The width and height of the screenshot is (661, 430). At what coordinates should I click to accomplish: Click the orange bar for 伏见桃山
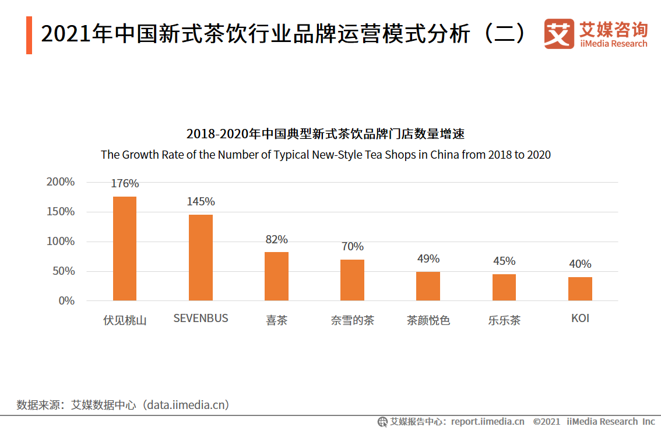[x=125, y=249]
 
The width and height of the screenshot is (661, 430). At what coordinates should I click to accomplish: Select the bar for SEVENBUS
[x=201, y=258]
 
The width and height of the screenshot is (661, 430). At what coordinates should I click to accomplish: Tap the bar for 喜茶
[x=276, y=276]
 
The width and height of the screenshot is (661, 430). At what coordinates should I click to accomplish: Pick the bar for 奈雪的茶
[x=352, y=280]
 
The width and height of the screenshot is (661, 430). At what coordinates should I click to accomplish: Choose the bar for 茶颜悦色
[x=428, y=286]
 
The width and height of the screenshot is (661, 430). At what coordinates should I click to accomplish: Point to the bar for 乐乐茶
[x=504, y=287]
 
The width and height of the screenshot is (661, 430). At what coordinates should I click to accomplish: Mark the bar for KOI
[x=580, y=289]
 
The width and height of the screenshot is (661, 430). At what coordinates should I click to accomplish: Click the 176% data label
[x=125, y=184]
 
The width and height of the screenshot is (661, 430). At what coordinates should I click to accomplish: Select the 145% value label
[x=201, y=202]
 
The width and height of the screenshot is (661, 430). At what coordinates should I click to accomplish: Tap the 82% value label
[x=276, y=240]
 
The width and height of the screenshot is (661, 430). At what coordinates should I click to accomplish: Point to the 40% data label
[x=580, y=264]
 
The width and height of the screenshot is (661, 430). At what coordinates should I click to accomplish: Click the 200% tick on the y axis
[x=61, y=182]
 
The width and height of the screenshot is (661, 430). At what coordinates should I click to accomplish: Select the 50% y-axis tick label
[x=64, y=271]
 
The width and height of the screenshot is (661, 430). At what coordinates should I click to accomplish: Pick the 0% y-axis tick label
[x=66, y=301]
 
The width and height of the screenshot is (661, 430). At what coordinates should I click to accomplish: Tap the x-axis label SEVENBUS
[x=201, y=319]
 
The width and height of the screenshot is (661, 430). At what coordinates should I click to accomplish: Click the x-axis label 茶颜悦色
[x=428, y=320]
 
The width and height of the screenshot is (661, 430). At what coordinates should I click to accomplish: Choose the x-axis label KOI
[x=580, y=319]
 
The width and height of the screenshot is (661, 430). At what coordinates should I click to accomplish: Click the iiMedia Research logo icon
[x=558, y=34]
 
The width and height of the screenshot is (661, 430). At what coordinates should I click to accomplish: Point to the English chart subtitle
[x=325, y=155]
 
